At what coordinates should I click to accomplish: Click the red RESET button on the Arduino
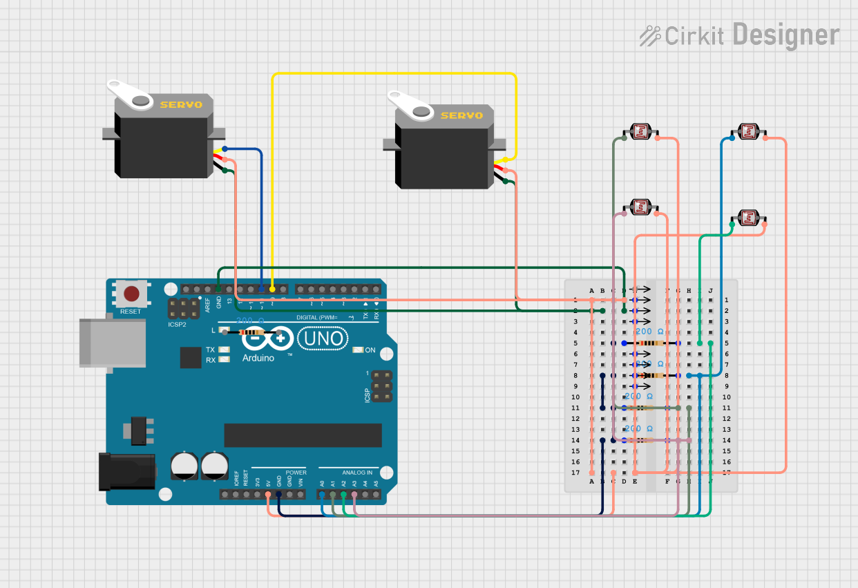(131, 294)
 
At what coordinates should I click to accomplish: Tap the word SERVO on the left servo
(181, 105)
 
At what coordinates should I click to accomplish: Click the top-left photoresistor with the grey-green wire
(640, 131)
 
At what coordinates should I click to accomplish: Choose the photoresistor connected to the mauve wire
(640, 206)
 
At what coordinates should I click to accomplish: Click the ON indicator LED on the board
(357, 350)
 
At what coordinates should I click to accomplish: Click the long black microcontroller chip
(303, 435)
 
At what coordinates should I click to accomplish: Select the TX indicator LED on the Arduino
(223, 350)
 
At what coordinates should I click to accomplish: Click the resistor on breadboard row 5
(651, 343)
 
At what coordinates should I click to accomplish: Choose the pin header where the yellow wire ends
(273, 289)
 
